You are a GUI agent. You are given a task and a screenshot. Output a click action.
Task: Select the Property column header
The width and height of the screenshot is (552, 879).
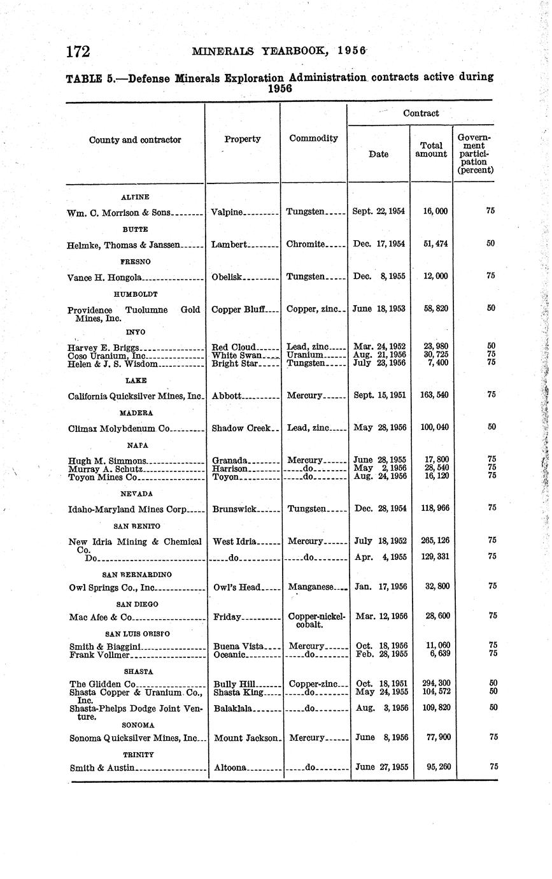(242, 139)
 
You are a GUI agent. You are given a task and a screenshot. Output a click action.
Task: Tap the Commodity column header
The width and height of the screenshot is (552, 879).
(313, 138)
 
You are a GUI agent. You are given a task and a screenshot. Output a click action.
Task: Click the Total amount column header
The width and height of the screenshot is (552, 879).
(431, 150)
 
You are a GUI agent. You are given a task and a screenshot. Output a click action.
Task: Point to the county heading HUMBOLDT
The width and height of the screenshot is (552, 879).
(136, 294)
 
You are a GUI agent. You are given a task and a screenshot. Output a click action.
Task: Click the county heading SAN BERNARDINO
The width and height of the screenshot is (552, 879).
(136, 575)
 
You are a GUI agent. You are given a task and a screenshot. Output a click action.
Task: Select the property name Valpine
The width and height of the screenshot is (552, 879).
(227, 211)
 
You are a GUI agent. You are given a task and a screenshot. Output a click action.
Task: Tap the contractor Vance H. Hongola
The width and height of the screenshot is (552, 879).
(104, 277)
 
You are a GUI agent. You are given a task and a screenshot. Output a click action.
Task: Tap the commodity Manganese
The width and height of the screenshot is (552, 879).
(311, 587)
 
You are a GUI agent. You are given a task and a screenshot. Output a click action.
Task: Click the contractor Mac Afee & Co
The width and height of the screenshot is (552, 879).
(101, 617)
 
